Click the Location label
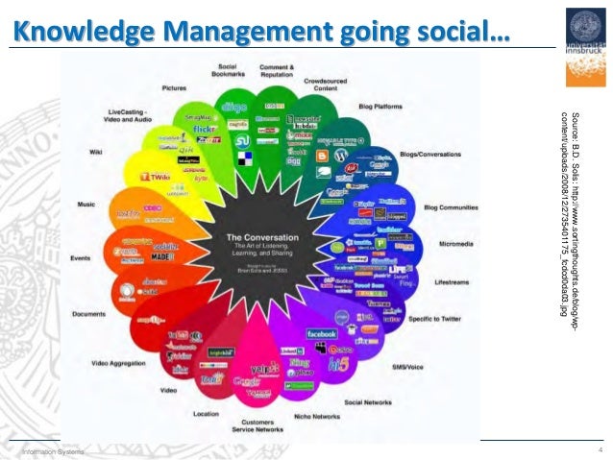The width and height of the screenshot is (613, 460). pyautogui.click(x=206, y=414)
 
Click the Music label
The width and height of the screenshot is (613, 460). pyautogui.click(x=86, y=204)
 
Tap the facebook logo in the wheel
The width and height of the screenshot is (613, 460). pyautogui.click(x=320, y=333)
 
